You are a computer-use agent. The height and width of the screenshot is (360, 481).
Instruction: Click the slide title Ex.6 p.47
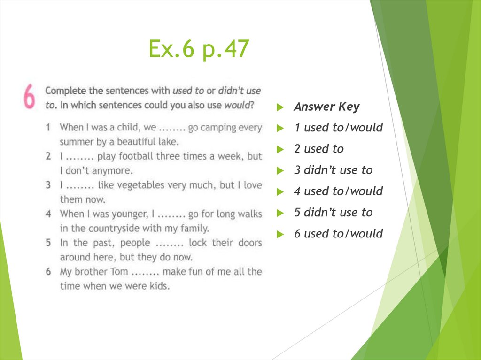199,49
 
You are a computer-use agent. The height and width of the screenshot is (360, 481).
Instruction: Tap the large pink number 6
29,98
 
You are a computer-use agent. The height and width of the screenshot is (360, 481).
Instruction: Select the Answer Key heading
326,107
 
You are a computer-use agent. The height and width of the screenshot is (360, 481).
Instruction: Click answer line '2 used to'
318,149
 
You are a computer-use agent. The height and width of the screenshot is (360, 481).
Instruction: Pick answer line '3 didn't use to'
333,170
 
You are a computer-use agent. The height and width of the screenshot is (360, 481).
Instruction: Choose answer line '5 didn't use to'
333,213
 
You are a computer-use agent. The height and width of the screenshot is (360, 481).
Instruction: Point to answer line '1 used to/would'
338,128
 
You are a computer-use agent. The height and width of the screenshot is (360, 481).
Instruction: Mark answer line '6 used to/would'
338,234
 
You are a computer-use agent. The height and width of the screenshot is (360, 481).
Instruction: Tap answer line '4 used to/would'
338,191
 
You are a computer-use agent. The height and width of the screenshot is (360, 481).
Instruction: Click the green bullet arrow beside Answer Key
280,107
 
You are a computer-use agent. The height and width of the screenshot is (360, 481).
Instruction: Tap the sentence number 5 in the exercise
48,243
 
